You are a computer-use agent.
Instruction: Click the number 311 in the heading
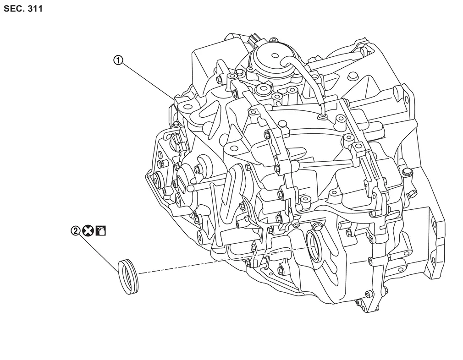coord(35,9)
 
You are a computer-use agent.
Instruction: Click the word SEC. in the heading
coord(14,9)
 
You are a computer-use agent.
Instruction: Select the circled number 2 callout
coord(76,231)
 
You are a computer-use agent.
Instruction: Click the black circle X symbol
coord(88,231)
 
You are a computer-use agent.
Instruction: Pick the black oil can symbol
coord(100,231)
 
